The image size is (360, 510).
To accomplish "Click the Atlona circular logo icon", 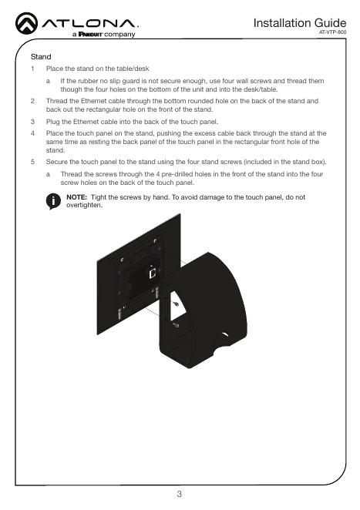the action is click(26, 23).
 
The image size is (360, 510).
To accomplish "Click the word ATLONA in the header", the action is click(90, 24).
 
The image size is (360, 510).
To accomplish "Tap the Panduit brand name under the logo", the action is click(90, 34).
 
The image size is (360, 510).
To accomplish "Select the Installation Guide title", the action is click(299, 23).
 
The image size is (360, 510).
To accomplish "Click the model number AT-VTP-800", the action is click(333, 32).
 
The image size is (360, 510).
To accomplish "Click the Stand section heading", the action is click(41, 56).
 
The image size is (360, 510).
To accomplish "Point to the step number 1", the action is click(32, 69).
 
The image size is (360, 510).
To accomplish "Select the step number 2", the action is click(32, 101).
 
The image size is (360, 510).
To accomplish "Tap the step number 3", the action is click(32, 122).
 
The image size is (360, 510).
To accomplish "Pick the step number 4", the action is click(32, 133).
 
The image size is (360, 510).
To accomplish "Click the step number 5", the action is click(32, 162).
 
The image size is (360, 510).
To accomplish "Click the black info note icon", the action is click(53, 201).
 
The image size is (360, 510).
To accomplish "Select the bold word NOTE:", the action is click(77, 197).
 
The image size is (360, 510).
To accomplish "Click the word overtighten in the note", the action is click(84, 205).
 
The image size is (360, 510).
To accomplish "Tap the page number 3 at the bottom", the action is click(180, 494).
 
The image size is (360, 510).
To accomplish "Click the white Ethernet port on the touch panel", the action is click(153, 273).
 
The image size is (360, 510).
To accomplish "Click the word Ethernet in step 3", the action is click(86, 122).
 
